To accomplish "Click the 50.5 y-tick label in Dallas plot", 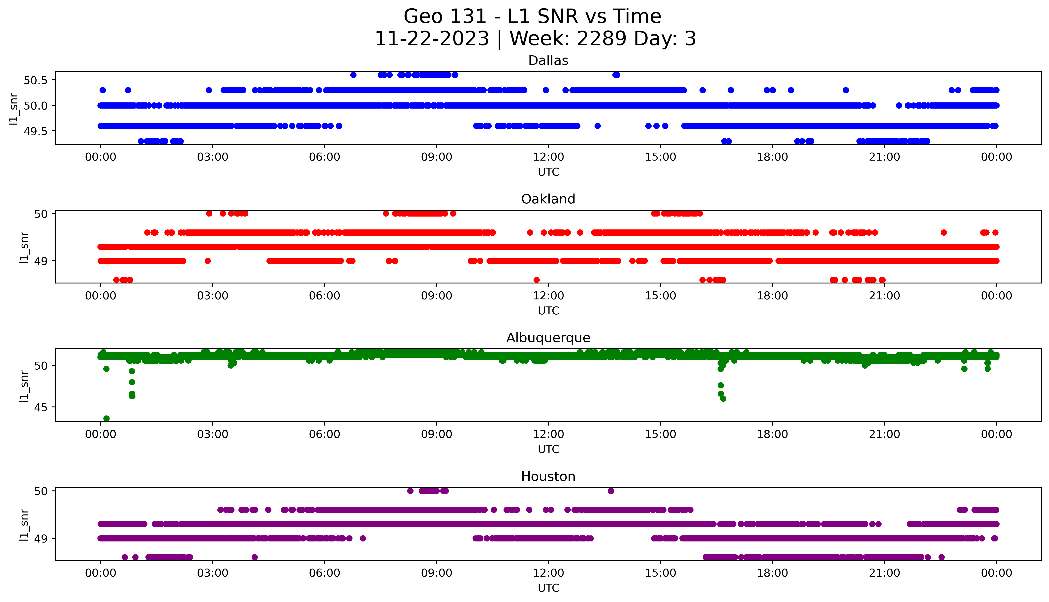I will [x=36, y=80].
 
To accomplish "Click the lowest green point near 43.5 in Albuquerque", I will [x=106, y=418].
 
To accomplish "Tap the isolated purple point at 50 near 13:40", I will [x=611, y=491].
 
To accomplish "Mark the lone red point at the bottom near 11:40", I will [x=537, y=280].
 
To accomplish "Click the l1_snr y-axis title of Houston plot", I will [x=24, y=525].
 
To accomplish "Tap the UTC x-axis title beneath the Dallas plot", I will [x=548, y=172].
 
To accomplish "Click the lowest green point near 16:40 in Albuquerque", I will [x=723, y=399].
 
